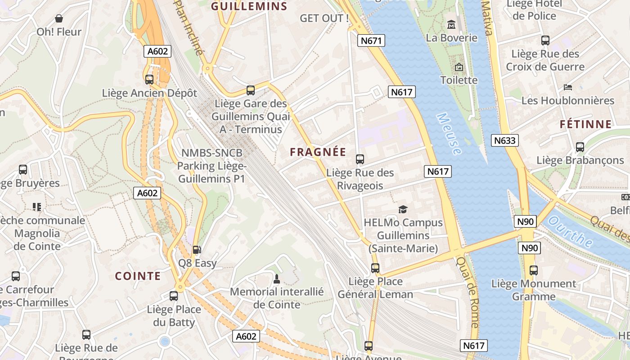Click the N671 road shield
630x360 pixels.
[x=371, y=41]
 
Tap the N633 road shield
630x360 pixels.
[x=504, y=140]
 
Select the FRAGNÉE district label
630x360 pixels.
[x=318, y=152]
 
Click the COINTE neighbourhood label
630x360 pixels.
[x=138, y=276]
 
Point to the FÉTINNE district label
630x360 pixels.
[x=586, y=124]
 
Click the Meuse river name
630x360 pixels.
[x=449, y=134]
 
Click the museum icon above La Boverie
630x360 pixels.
[x=451, y=24]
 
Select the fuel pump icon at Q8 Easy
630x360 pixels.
[x=197, y=250]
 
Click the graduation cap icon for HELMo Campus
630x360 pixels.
[x=403, y=209]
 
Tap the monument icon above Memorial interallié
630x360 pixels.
[x=277, y=279]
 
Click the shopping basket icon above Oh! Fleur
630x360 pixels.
[x=59, y=18]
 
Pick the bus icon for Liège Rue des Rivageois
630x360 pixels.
[x=360, y=159]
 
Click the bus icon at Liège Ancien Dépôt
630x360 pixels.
[x=149, y=80]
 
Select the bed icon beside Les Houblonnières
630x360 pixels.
[x=568, y=87]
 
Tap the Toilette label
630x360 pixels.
[x=459, y=80]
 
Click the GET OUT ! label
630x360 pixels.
[x=324, y=18]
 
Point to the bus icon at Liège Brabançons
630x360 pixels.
[x=580, y=147]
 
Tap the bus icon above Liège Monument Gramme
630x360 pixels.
[x=533, y=270]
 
